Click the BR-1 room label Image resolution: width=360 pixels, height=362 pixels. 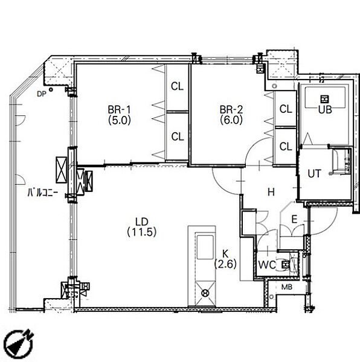click(x=119, y=109)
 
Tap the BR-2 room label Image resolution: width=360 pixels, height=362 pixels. click(x=231, y=109)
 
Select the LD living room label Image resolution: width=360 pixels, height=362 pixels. click(x=141, y=222)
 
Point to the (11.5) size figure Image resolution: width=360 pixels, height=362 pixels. click(x=141, y=232)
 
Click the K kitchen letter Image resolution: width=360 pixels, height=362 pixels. click(x=225, y=254)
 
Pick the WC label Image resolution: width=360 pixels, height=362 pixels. click(x=267, y=265)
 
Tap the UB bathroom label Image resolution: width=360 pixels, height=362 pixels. click(x=325, y=110)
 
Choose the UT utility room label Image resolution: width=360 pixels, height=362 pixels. click(x=314, y=174)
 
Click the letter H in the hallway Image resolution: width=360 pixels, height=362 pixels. click(x=271, y=192)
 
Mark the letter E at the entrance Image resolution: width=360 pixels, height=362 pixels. click(x=294, y=219)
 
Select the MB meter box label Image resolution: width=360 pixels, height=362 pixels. click(x=287, y=287)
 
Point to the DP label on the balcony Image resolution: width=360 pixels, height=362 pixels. click(x=42, y=94)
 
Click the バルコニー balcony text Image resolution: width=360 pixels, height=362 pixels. click(x=43, y=192)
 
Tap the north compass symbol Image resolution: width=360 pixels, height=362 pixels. click(x=19, y=343)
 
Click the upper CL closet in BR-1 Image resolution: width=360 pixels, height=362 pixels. click(x=177, y=86)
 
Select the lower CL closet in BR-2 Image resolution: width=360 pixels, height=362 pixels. click(x=286, y=146)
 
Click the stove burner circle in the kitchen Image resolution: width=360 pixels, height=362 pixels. click(x=205, y=293)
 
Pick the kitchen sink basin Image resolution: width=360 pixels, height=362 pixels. click(x=205, y=247)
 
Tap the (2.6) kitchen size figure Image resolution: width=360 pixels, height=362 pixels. click(x=225, y=264)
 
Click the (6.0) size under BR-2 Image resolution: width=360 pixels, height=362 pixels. click(x=231, y=120)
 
